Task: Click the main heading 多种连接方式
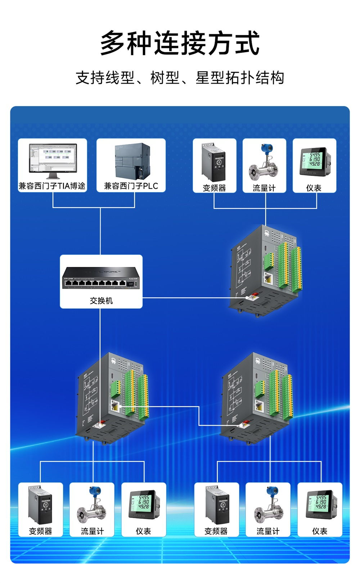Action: pos(180,43)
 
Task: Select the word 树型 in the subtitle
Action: pos(165,78)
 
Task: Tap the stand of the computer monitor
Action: pos(53,176)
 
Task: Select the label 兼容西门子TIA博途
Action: pos(53,186)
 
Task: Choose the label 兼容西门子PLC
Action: pos(131,186)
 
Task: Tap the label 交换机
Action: pos(101,300)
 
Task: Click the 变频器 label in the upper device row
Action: pos(214,188)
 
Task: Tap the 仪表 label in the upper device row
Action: pos(314,188)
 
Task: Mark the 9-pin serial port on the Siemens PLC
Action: pos(140,173)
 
